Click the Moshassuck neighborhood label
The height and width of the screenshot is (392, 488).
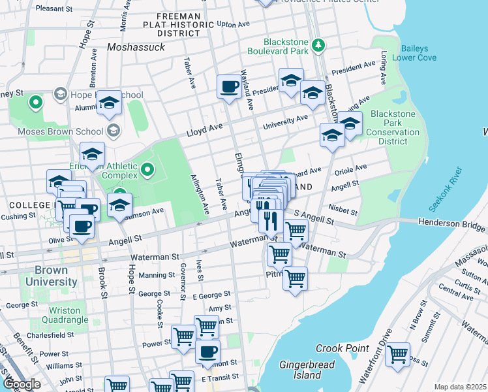136,48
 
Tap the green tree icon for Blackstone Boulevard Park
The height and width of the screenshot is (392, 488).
318,45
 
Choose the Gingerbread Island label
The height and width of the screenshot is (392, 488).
300,370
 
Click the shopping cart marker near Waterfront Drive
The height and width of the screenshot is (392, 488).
397,354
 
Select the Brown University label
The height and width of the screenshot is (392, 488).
46,276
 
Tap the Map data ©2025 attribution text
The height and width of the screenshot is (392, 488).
460,387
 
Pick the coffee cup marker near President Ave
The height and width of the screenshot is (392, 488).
229,86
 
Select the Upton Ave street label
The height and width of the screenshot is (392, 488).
234,24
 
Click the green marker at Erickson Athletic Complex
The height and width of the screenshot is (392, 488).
147,171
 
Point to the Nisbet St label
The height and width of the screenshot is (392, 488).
343,210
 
